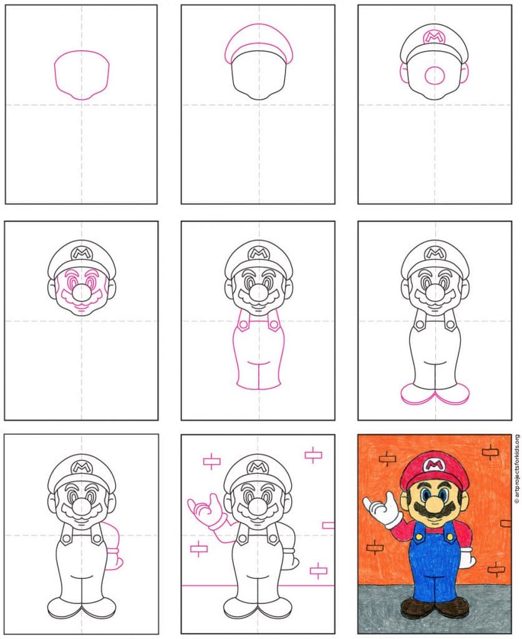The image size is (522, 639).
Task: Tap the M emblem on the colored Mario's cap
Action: click(x=435, y=464)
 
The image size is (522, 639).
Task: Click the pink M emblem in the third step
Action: click(x=434, y=37)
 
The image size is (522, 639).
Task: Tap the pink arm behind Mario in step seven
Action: click(x=114, y=546)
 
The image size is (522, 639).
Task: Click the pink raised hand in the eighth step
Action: click(x=206, y=512)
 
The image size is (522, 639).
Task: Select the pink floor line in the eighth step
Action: click(x=258, y=585)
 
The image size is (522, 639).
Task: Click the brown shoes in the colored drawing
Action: click(x=435, y=607)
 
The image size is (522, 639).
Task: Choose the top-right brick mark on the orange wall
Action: click(x=490, y=452)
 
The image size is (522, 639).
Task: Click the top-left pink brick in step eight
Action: click(x=212, y=461)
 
